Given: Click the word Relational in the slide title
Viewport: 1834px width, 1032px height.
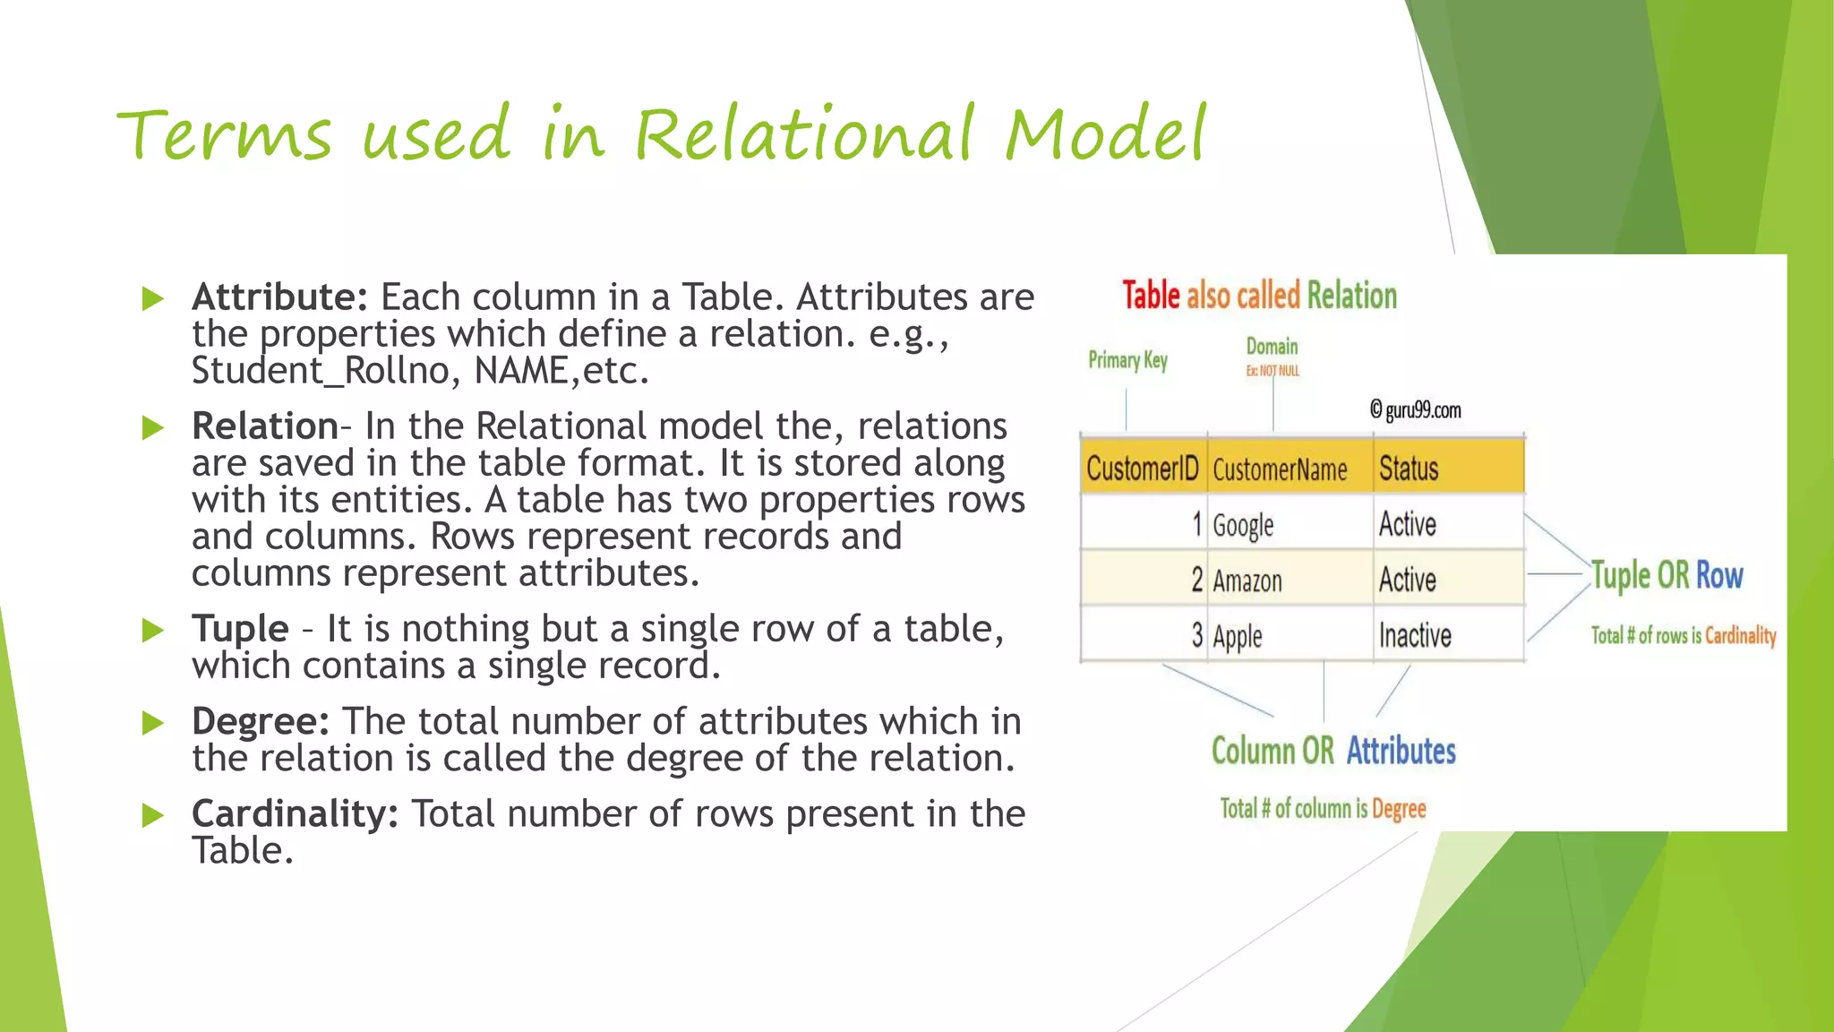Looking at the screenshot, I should [x=803, y=135].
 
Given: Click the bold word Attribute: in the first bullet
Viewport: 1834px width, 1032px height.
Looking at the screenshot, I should [x=279, y=297].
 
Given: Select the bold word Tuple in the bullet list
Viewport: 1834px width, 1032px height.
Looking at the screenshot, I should [x=240, y=629].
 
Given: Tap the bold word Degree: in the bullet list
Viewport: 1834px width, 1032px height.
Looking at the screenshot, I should [x=261, y=721].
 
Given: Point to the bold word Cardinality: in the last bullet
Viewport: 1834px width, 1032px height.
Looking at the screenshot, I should [x=295, y=813].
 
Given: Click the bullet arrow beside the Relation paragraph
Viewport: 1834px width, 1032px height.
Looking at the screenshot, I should [x=153, y=427].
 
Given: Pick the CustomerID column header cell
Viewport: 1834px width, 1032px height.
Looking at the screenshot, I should [x=1142, y=469].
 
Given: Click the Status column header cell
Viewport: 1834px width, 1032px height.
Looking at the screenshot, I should [x=1409, y=469].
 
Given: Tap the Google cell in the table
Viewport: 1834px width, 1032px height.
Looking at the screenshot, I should [x=1243, y=525].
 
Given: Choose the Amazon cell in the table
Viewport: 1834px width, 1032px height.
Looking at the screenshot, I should [x=1247, y=580].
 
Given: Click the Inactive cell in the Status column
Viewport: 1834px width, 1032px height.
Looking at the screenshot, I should [x=1415, y=636].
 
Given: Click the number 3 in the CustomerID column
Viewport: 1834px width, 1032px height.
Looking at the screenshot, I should [x=1196, y=636].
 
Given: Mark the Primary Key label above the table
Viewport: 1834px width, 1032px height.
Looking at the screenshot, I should [x=1127, y=360].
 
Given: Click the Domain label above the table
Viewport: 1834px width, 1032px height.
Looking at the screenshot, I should [x=1272, y=347].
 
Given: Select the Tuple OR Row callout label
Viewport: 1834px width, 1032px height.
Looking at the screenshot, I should [x=1667, y=575].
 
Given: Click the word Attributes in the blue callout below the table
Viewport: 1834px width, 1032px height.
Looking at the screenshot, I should [x=1401, y=751].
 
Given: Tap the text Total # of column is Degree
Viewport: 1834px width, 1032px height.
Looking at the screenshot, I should [x=1323, y=808].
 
